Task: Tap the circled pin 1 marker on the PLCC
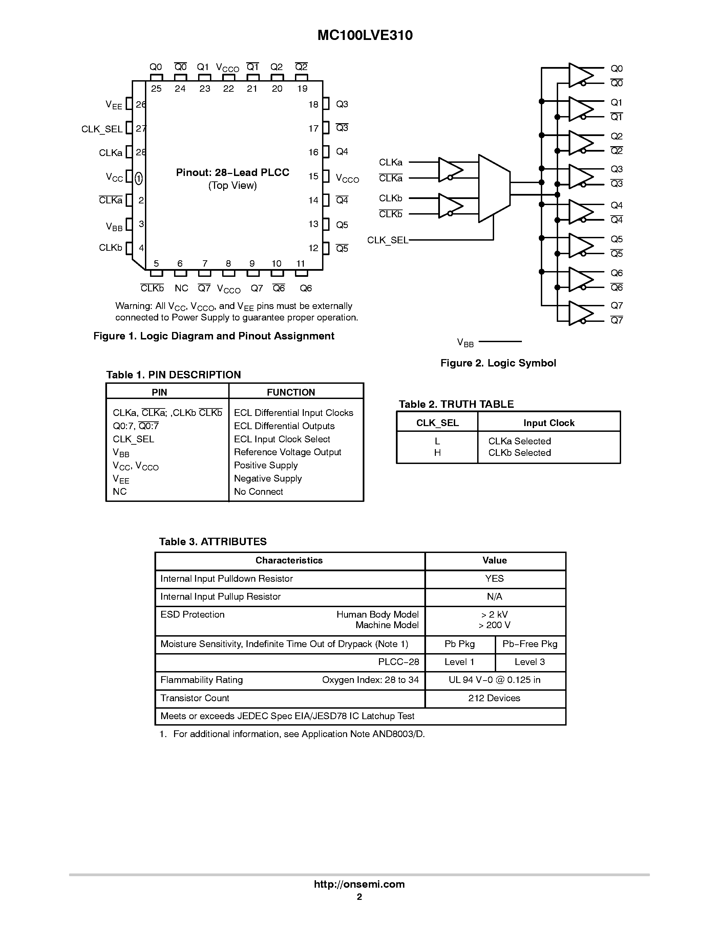click(139, 178)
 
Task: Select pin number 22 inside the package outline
click(229, 89)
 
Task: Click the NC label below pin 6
click(181, 289)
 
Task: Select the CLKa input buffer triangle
click(449, 169)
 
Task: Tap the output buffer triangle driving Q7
click(580, 313)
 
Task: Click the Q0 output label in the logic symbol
click(616, 69)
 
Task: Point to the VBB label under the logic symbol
click(465, 342)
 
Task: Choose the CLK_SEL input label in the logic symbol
click(387, 240)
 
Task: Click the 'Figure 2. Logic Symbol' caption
click(498, 363)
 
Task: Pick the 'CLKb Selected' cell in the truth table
click(520, 453)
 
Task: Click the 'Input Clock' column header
click(549, 423)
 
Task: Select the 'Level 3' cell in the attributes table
click(529, 662)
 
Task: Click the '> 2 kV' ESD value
click(494, 615)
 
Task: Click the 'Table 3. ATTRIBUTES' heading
click(213, 542)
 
